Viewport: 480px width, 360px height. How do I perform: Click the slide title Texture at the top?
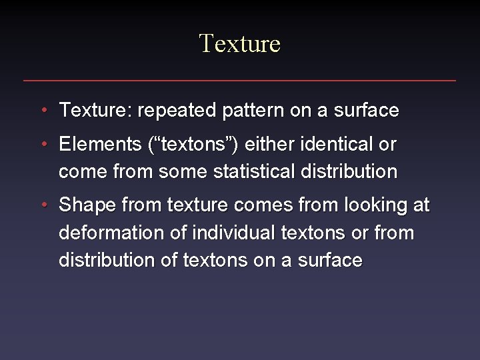pos(240,44)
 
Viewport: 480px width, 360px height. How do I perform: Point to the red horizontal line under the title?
pos(240,81)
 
